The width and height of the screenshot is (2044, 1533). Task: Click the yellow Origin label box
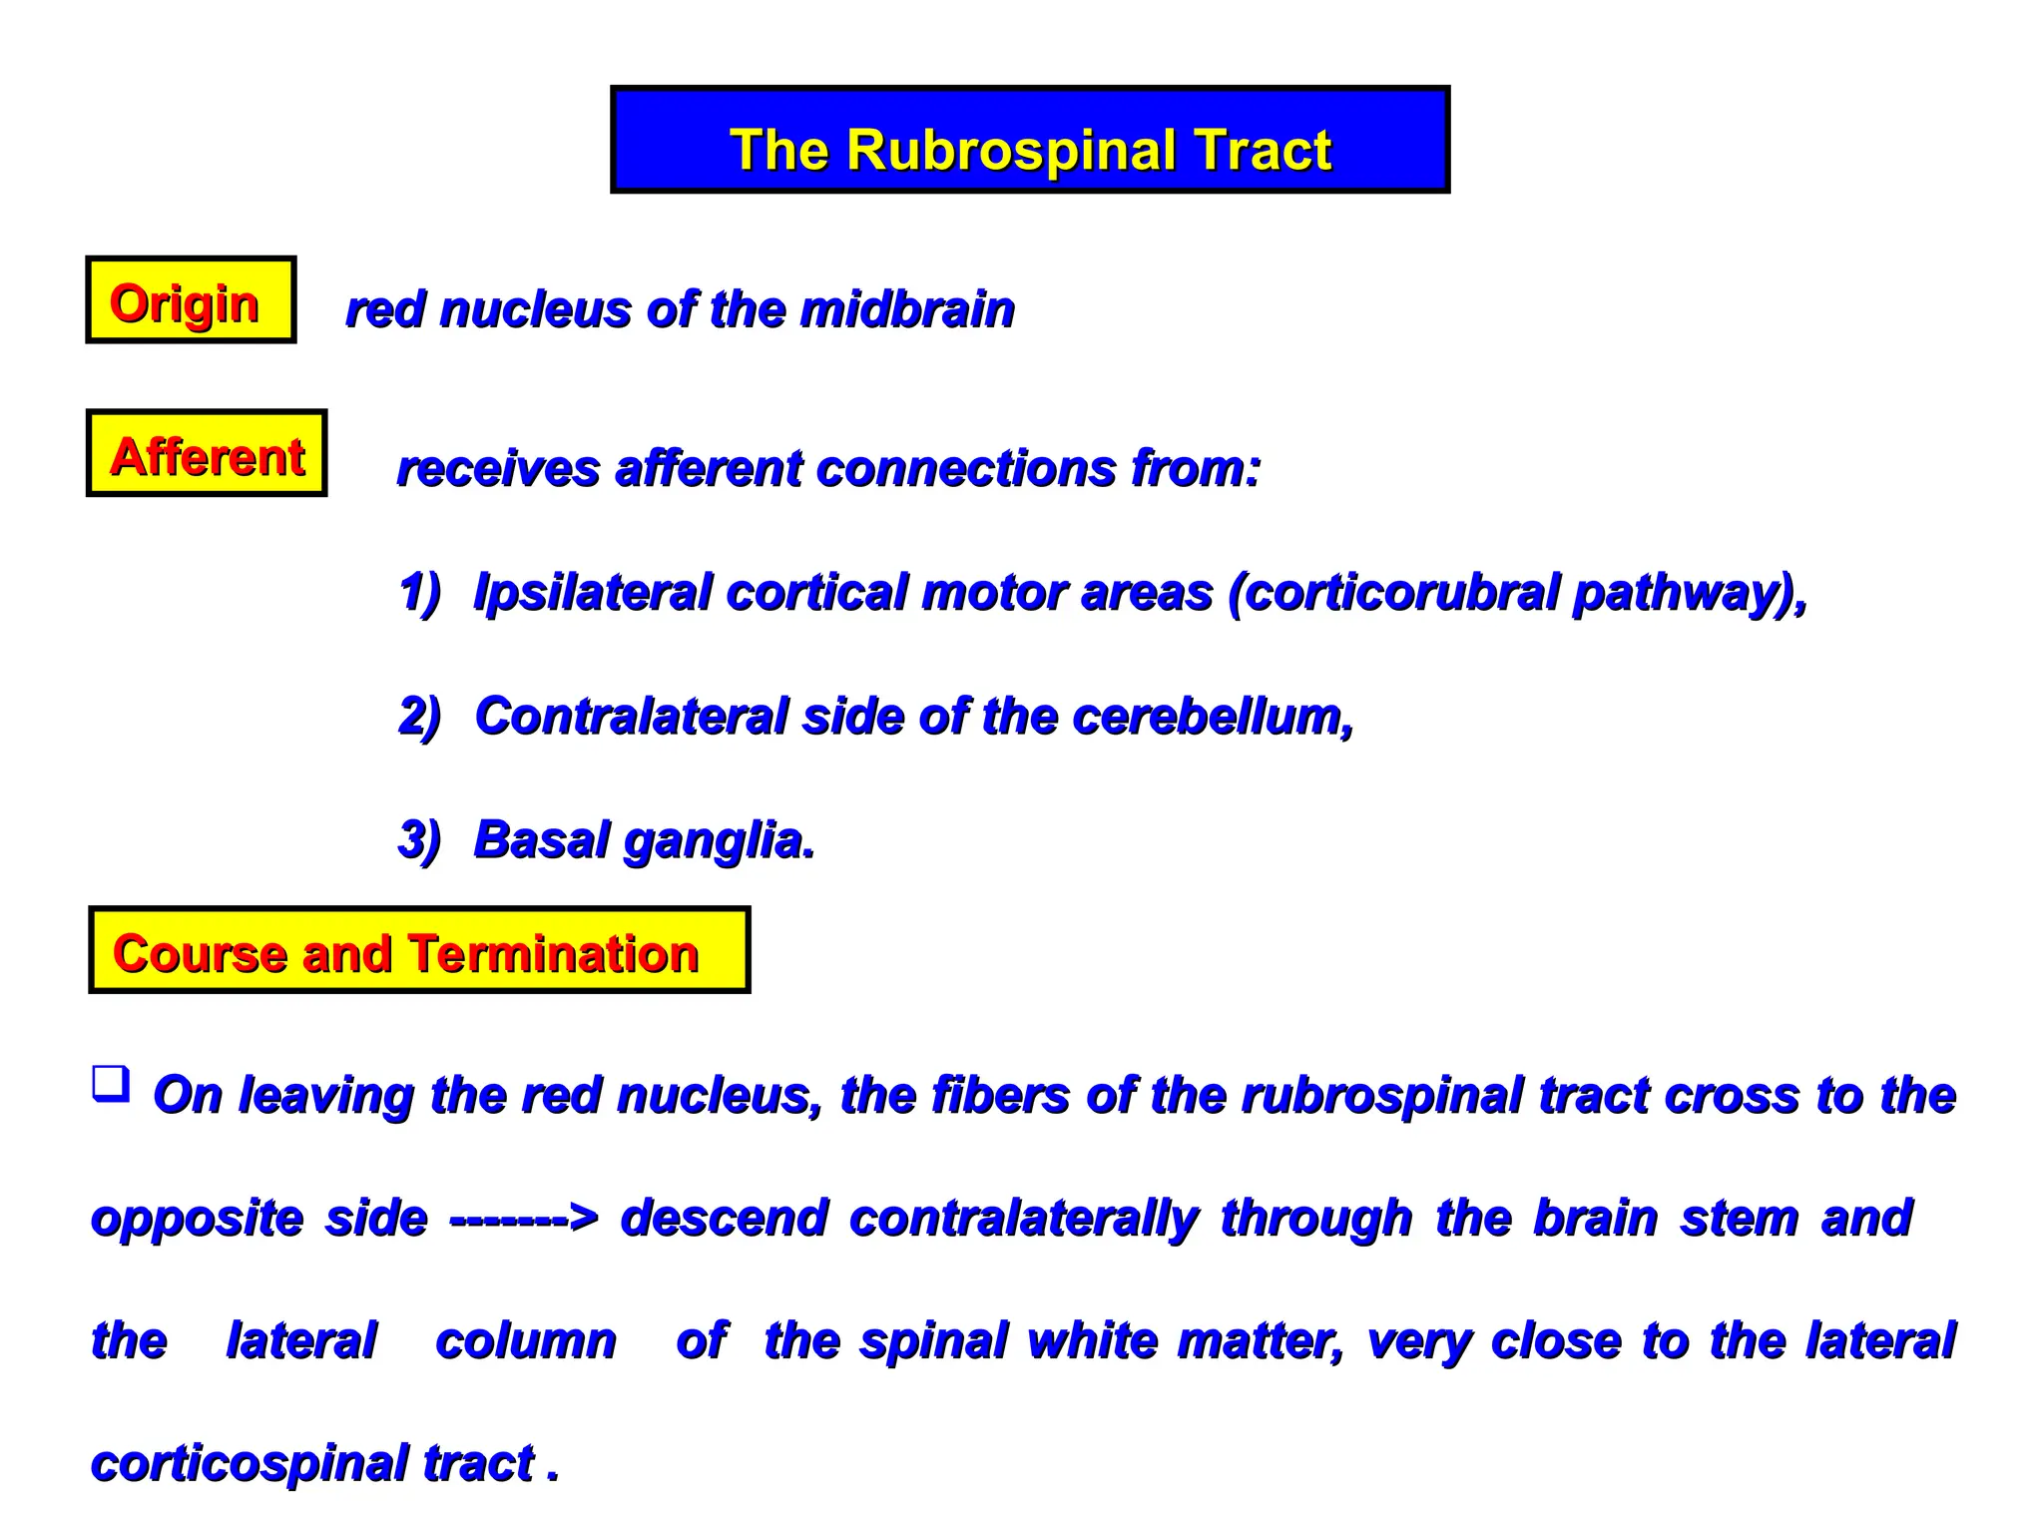tap(191, 300)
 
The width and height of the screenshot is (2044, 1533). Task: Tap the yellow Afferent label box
tap(207, 453)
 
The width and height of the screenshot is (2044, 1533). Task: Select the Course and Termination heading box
tap(419, 950)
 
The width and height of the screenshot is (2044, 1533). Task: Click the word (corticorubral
tap(1392, 592)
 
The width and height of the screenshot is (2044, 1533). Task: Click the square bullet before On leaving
tap(111, 1083)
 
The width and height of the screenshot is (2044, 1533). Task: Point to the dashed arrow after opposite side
tap(523, 1219)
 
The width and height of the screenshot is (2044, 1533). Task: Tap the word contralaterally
tap(1023, 1219)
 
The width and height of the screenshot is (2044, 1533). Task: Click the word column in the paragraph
tap(526, 1340)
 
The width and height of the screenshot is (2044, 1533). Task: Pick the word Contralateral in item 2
tap(631, 716)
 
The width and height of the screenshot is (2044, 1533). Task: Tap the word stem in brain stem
tap(1739, 1219)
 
